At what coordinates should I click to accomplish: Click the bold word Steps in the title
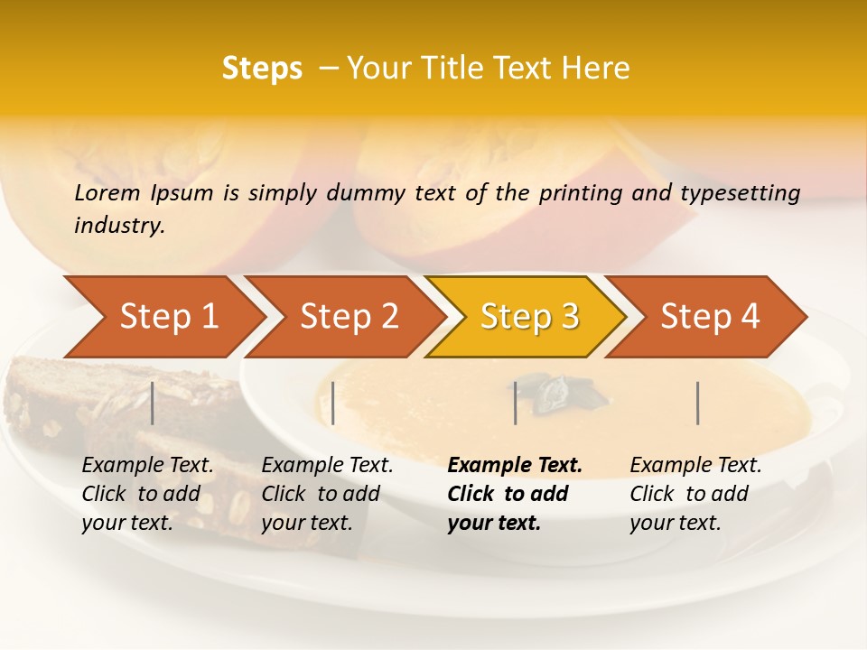(262, 69)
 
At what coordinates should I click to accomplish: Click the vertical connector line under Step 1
(153, 403)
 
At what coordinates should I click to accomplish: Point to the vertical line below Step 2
(333, 403)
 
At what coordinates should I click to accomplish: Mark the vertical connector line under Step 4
(698, 403)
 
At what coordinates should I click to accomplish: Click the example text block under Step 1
(147, 494)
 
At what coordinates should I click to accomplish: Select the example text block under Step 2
(327, 494)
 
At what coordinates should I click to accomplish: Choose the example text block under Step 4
(695, 494)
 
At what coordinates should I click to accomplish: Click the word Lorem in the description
(107, 192)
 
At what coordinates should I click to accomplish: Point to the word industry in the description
(118, 226)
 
